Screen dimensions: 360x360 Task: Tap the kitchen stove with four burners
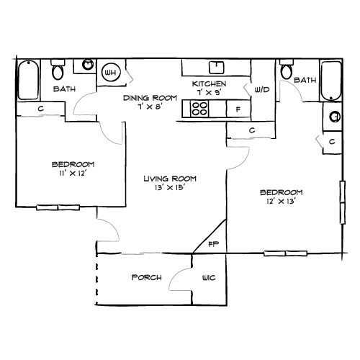pos(199,109)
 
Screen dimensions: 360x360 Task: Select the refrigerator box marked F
pos(238,109)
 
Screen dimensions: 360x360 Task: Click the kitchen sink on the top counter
pos(215,67)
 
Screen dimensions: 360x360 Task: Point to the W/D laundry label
pos(261,90)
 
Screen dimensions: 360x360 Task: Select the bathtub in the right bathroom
pos(330,81)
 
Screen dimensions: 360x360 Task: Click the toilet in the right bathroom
pos(287,71)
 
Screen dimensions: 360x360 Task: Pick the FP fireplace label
pos(213,245)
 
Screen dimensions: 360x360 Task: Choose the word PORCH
pos(145,278)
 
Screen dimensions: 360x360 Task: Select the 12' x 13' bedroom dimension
pos(281,202)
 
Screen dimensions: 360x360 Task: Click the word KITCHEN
pos(210,84)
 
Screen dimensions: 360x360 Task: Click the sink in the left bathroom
pos(87,65)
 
